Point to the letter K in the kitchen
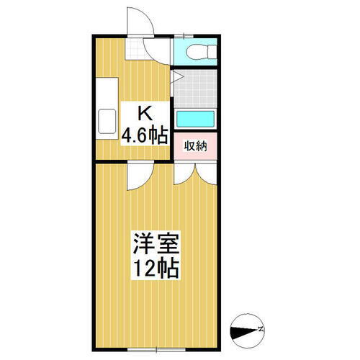[x=145, y=113]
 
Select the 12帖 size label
[x=155, y=269]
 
